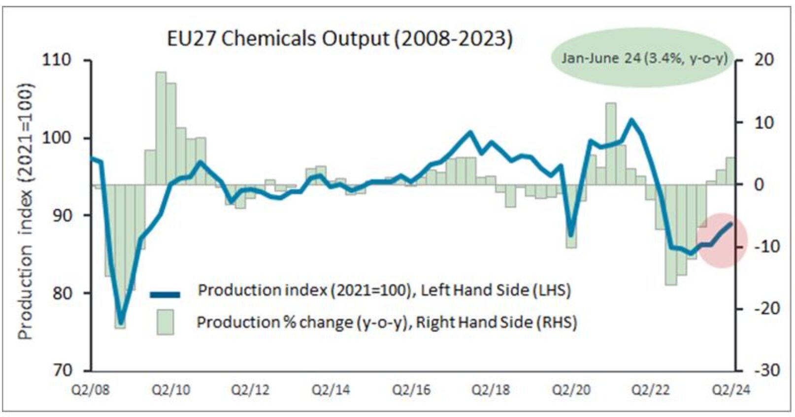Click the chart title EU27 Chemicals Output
(x=339, y=38)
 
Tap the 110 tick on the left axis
(x=58, y=60)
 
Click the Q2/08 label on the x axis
(x=91, y=390)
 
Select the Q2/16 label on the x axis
(x=411, y=390)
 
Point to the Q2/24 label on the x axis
(x=732, y=390)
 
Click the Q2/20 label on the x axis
(x=571, y=390)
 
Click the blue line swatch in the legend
(x=165, y=294)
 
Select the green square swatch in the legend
(x=166, y=322)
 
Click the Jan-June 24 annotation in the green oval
(x=644, y=58)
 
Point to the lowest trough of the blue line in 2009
(x=121, y=321)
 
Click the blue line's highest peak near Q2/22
(x=631, y=120)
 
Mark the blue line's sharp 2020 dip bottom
(x=571, y=236)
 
